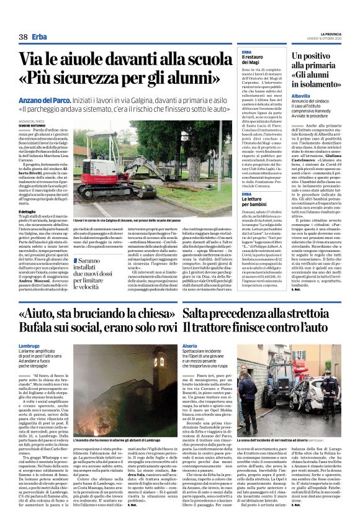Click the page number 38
coord(23,38)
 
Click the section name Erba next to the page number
coord(40,38)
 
